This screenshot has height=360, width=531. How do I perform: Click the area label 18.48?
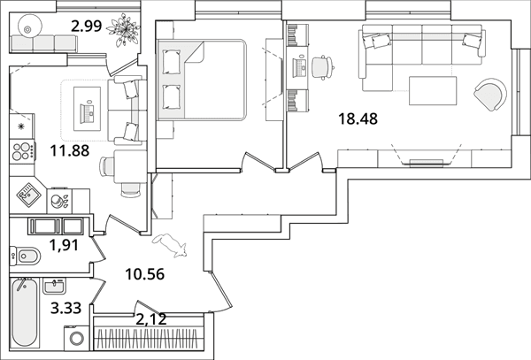point(358,119)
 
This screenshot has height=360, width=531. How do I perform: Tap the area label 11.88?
point(70,151)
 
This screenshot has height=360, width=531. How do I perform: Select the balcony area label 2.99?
point(87,26)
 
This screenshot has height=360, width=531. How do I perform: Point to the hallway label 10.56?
point(145,274)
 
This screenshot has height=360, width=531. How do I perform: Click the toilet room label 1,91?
point(64,245)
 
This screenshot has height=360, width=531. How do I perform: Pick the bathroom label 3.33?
point(66,308)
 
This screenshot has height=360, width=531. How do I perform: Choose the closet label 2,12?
point(151,319)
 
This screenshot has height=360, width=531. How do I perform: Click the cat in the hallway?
point(170,245)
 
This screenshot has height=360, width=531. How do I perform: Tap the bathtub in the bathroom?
point(25,313)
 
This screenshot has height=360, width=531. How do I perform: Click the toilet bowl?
point(26,256)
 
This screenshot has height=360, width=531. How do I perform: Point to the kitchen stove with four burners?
point(22,151)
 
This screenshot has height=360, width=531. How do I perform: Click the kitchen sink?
point(28,195)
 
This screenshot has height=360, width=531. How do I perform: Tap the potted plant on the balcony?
point(123,30)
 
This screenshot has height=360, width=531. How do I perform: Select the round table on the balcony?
point(29,26)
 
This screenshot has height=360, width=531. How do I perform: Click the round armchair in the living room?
point(490,95)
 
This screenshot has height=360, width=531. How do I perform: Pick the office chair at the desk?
point(322,68)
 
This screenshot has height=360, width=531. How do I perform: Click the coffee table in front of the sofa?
point(433,91)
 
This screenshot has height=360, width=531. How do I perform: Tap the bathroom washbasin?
point(54,287)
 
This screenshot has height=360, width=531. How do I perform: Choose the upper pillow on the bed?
point(172,62)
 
